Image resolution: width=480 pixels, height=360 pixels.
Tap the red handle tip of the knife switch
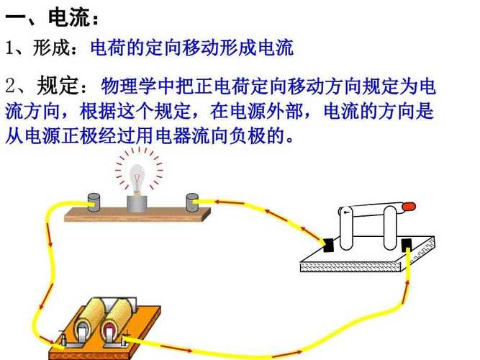point(409,207)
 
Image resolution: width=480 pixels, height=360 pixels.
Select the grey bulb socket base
point(137,204)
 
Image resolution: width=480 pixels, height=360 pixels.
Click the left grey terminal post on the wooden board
point(94,202)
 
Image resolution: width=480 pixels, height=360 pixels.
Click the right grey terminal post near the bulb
point(192,202)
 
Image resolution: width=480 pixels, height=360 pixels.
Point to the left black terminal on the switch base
point(328,245)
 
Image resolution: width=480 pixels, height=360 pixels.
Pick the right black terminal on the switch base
point(407,244)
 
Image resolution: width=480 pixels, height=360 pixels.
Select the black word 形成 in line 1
point(51,48)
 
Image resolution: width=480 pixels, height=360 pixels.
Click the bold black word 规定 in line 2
point(56,85)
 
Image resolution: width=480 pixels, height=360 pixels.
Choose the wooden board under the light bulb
point(137,214)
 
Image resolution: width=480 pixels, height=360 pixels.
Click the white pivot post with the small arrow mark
point(345,228)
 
